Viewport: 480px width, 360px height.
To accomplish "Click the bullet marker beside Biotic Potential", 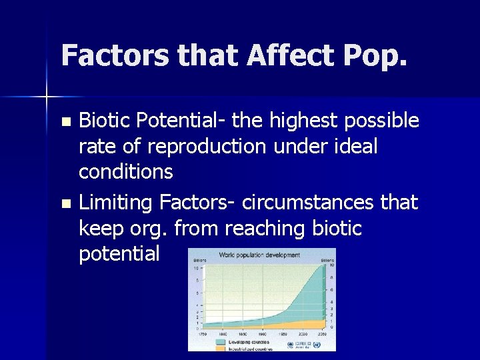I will click(65, 122).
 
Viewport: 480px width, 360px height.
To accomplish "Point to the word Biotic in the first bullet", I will click(101, 121).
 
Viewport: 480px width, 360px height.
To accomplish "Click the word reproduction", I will click(212, 146).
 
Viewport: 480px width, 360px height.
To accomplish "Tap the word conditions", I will click(125, 171).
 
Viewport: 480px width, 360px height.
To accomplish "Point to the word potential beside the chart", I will click(119, 253).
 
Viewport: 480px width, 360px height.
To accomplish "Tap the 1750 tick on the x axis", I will click(201, 332).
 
